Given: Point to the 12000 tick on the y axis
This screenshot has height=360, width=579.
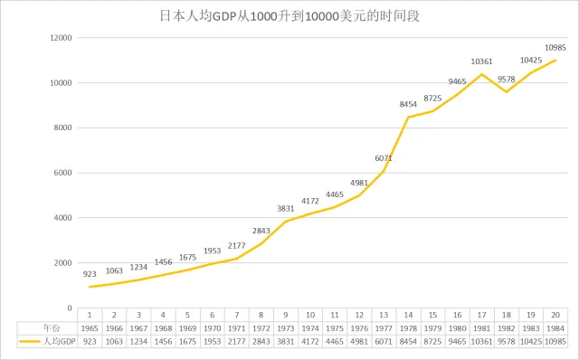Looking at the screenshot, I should (x=60, y=38).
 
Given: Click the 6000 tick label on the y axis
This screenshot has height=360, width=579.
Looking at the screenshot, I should (x=62, y=173).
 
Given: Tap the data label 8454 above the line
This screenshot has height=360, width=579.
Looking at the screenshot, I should (x=408, y=105).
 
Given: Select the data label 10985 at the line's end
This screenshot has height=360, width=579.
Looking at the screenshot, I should (x=555, y=47).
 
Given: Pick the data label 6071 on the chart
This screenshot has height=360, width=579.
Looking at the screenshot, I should (x=384, y=158).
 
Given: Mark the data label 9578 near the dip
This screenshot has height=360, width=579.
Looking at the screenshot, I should (x=506, y=79).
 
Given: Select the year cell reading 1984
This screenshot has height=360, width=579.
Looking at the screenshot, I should (x=555, y=328).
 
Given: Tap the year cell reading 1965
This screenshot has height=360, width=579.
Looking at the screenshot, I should (x=90, y=328).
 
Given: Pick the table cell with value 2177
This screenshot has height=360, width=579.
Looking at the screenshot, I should (x=237, y=341).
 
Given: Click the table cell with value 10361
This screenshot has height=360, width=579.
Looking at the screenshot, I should (x=481, y=341).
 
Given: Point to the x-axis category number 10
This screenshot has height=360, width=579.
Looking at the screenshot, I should (x=310, y=316).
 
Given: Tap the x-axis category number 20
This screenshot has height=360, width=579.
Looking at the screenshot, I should (x=555, y=316).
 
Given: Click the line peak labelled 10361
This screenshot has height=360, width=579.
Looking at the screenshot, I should (x=481, y=74).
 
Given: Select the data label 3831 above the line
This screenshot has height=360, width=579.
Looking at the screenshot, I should (x=286, y=208).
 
